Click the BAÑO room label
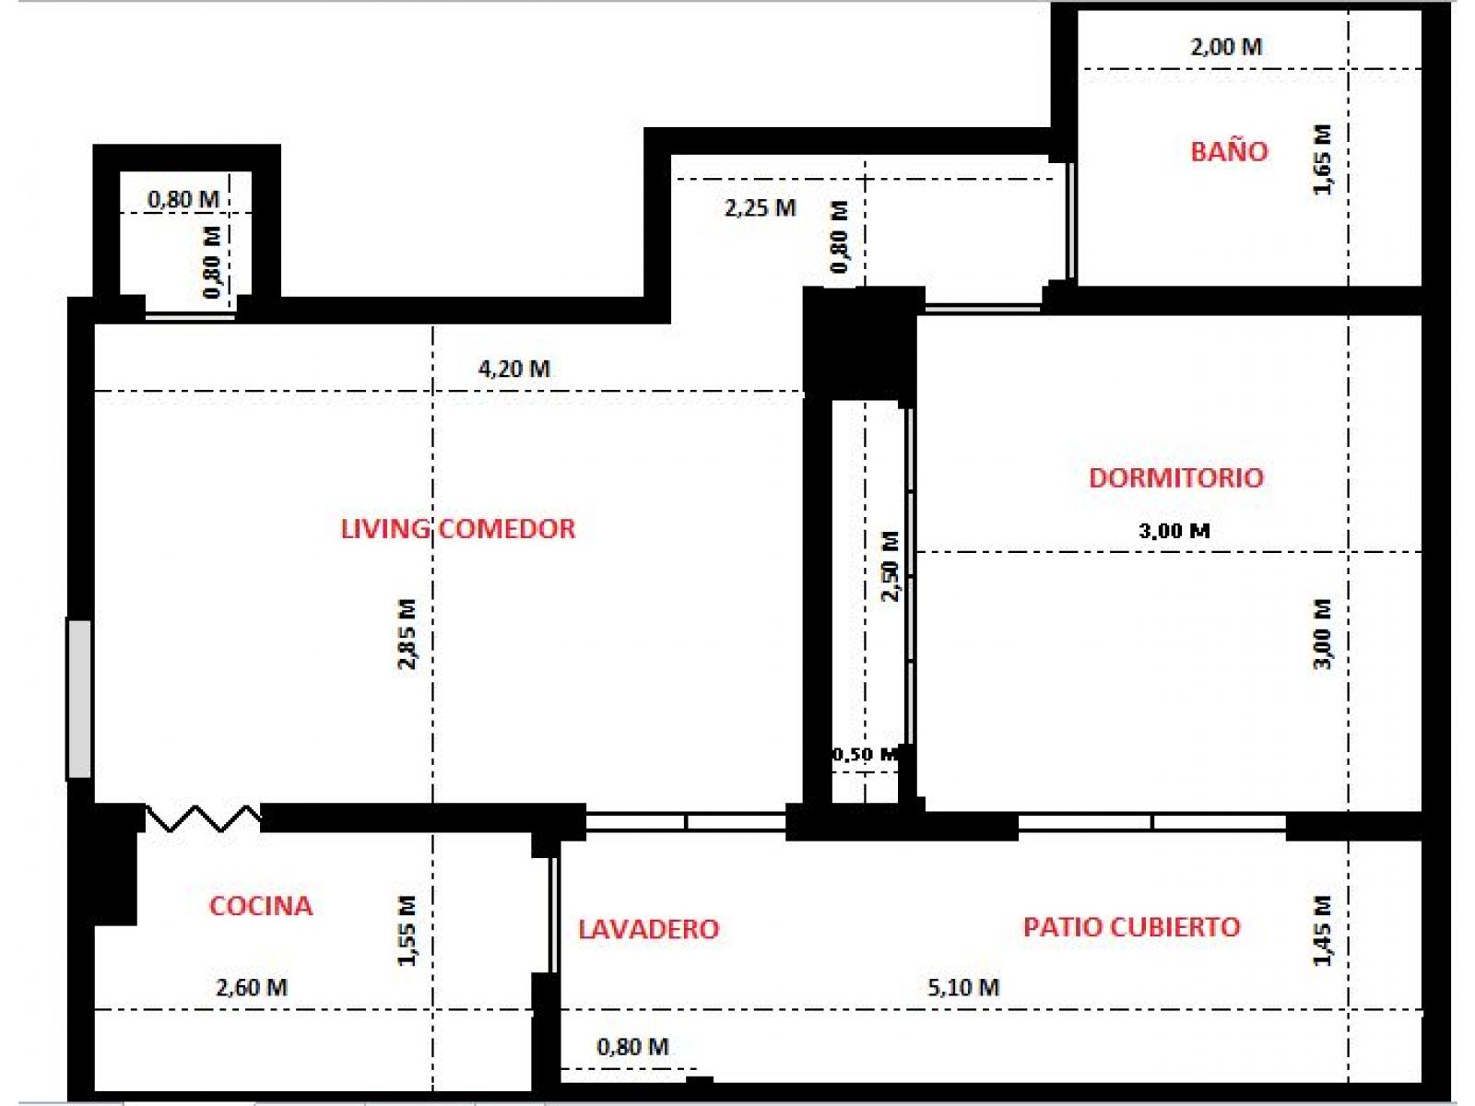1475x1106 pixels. (1229, 151)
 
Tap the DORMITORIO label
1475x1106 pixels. (1176, 477)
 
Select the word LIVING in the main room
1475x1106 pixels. (385, 529)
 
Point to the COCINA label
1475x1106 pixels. (261, 906)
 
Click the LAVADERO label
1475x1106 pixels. (648, 929)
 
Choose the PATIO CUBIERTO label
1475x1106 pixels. (1132, 926)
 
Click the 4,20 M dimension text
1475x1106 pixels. (514, 369)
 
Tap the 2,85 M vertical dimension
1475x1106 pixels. (407, 634)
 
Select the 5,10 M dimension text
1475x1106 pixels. (963, 987)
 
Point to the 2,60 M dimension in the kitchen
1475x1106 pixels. (252, 987)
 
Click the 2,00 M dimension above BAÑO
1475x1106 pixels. (1226, 47)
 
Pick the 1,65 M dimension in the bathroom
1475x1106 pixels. (1323, 159)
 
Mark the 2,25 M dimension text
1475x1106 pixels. (760, 208)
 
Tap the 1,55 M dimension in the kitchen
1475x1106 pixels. (407, 931)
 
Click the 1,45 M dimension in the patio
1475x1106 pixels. (1323, 931)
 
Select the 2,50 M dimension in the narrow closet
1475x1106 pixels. (890, 566)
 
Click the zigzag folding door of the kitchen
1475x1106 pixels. (203, 818)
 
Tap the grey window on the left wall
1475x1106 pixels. (79, 699)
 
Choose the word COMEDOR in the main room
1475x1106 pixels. (507, 529)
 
